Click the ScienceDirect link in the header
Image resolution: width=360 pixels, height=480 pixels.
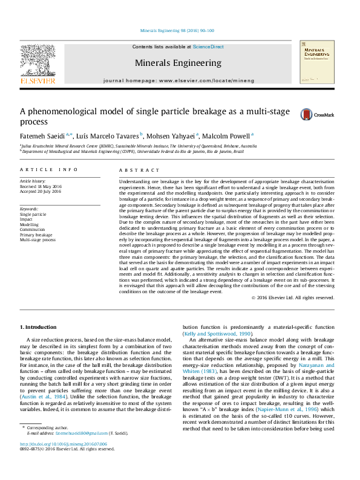click(x=208, y=47)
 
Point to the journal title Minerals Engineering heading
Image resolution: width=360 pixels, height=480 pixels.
click(x=178, y=63)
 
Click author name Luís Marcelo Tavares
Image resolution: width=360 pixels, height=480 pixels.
click(x=110, y=135)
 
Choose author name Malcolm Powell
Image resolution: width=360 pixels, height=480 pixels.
click(x=227, y=135)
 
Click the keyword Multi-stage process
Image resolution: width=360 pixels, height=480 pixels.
click(x=38, y=240)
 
